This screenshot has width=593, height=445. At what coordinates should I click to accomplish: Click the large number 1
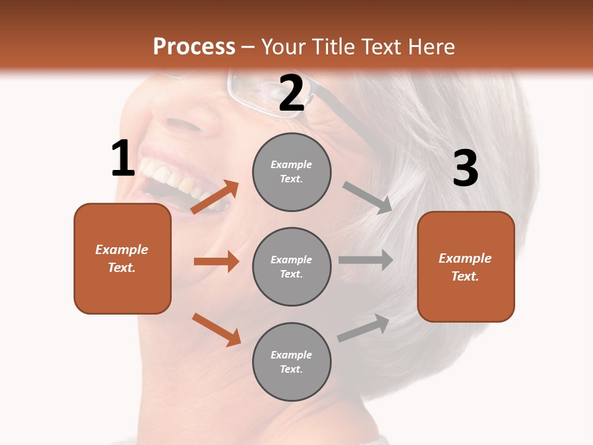(123, 159)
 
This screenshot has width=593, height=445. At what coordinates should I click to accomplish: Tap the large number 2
(292, 93)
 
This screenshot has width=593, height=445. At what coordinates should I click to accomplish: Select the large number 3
(465, 169)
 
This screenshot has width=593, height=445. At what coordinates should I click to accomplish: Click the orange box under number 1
(122, 258)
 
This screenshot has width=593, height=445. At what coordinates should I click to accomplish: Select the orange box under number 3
(466, 266)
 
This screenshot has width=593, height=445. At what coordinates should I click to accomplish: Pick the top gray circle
(292, 172)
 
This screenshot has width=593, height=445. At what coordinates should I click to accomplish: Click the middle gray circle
(292, 266)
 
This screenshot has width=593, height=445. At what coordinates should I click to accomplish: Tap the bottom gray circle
(292, 362)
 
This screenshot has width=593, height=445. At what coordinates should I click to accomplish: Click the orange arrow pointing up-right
(215, 197)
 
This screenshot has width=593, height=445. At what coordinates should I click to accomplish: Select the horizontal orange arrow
(216, 261)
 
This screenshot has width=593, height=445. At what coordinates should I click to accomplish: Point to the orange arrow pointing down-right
(216, 329)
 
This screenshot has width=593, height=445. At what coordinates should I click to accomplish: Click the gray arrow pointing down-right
(367, 197)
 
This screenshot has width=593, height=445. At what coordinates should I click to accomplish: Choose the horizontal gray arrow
(366, 260)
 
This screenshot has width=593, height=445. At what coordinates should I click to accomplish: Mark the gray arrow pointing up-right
(363, 328)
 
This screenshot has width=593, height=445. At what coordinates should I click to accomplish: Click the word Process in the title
(194, 46)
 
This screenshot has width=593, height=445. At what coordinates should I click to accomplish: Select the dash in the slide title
(248, 48)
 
